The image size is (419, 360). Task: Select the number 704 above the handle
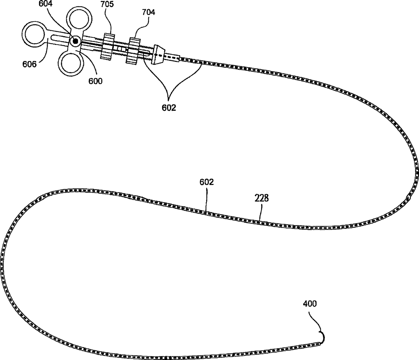click(148, 13)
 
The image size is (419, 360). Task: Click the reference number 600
click(95, 81)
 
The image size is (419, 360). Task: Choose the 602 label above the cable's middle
click(207, 182)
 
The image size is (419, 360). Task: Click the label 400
click(310, 304)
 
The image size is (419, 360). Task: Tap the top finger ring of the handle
click(79, 20)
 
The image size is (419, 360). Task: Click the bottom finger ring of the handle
click(71, 64)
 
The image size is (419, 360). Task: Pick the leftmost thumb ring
click(34, 34)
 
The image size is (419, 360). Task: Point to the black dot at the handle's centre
click(75, 41)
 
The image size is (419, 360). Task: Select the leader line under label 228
click(260, 213)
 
